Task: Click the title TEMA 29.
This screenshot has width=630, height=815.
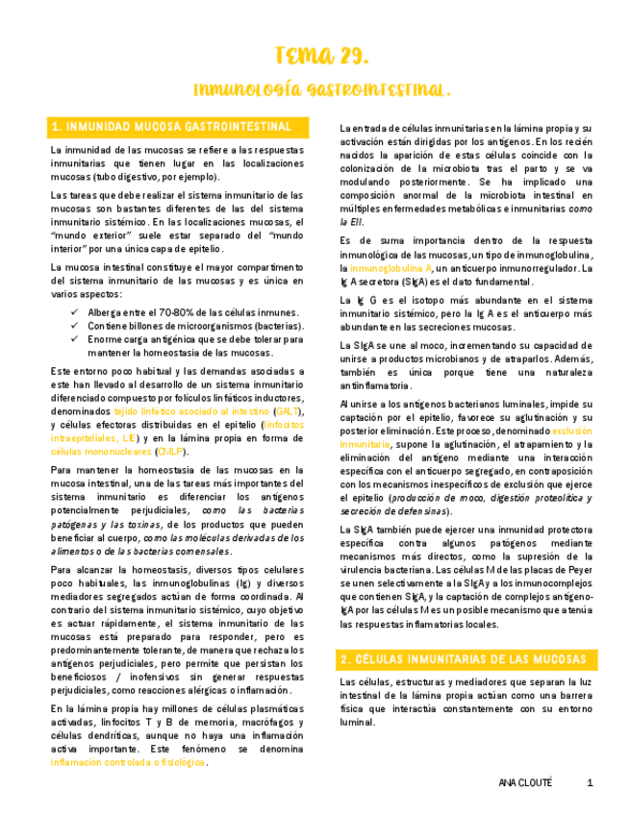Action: pos(315,54)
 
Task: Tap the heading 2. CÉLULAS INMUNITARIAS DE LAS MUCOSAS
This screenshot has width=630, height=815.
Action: pos(464,659)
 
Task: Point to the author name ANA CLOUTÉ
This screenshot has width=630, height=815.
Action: pos(526,782)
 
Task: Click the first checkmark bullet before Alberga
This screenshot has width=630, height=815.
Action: pos(77,313)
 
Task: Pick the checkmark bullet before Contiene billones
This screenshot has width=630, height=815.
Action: pos(77,327)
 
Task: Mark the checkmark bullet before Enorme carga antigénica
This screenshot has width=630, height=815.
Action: pos(77,340)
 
